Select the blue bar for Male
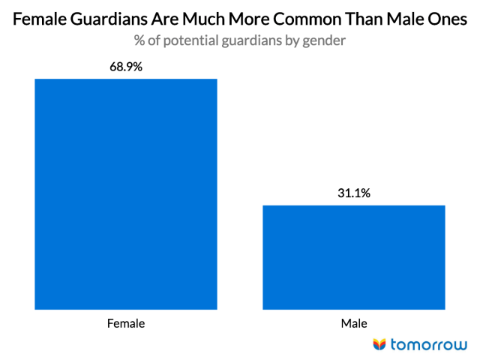(354, 256)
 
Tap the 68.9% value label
(126, 67)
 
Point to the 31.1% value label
(354, 193)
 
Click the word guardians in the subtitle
(254, 41)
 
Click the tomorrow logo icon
(379, 344)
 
